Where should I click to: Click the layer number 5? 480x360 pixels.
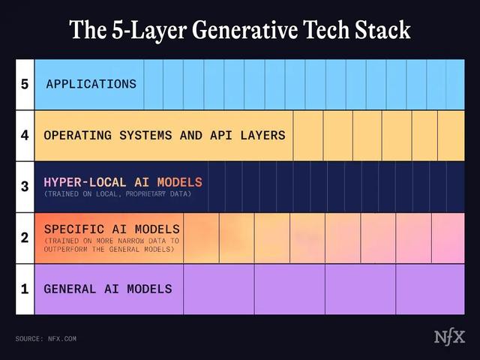click(25, 84)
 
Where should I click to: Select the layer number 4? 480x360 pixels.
click(25, 136)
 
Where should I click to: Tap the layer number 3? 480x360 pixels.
click(25, 187)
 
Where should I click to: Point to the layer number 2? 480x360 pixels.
click(25, 238)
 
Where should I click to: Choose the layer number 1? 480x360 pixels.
click(25, 289)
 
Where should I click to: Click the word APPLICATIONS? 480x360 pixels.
click(91, 84)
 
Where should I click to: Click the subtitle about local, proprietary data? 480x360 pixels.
click(118, 194)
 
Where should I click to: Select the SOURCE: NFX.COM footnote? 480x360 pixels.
click(46, 339)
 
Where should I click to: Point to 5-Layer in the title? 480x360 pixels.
click(142, 30)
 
